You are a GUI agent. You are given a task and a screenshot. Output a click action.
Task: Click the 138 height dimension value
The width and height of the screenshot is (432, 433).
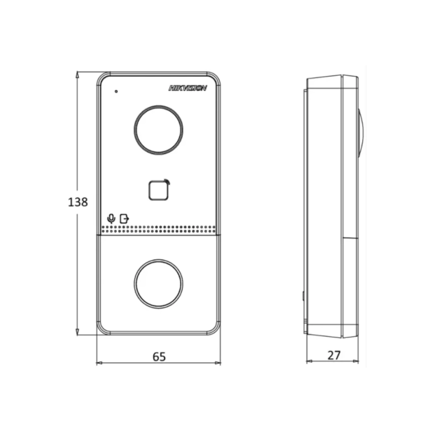[x=78, y=202]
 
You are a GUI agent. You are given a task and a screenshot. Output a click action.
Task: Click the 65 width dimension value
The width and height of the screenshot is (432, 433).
[x=159, y=357]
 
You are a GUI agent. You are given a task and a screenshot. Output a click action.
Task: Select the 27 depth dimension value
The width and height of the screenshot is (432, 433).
[x=334, y=356]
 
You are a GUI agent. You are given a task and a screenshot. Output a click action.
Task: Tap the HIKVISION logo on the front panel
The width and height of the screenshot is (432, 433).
[x=187, y=88]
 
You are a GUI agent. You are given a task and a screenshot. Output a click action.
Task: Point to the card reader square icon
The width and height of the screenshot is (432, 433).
[x=158, y=191]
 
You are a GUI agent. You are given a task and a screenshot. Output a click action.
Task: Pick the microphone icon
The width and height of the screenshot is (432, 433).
[x=111, y=219]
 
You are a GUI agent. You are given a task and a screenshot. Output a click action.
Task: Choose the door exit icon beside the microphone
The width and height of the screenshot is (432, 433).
[x=125, y=219]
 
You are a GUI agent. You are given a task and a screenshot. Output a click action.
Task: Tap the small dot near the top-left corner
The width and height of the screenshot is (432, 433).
[x=116, y=91]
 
